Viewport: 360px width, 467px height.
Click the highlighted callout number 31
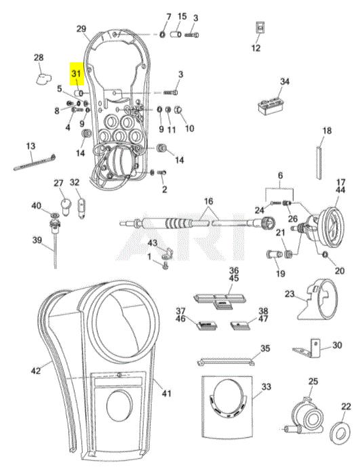[76, 73]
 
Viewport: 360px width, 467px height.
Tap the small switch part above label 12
[261, 28]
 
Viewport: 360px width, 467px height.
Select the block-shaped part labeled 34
[271, 104]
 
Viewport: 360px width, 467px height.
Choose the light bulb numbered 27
[65, 205]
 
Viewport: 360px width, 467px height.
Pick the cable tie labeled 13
[35, 162]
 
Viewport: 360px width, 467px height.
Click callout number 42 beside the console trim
[36, 371]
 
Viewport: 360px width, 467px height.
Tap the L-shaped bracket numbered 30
[307, 348]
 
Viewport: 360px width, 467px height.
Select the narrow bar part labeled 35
[226, 362]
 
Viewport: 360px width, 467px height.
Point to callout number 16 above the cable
[209, 201]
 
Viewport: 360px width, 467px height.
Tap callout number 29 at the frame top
[81, 29]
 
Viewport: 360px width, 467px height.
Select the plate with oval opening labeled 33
[227, 407]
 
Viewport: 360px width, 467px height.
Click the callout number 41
[167, 393]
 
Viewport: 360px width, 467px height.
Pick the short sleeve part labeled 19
[274, 255]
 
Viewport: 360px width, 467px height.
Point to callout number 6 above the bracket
[280, 176]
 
